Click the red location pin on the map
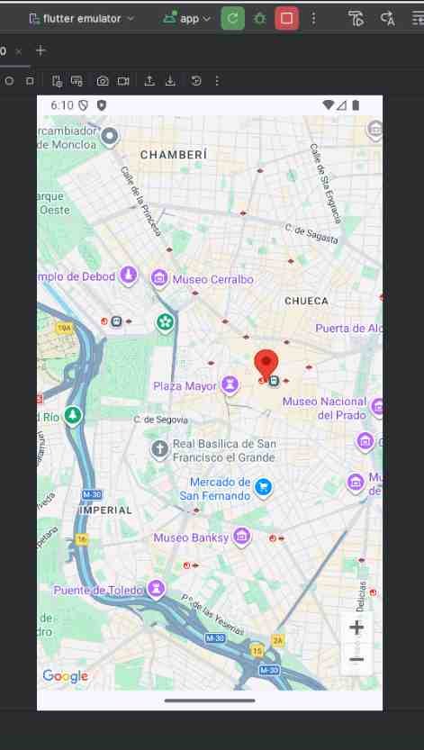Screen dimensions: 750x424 266,364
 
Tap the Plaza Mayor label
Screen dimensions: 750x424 185,386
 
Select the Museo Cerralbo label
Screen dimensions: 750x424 212,279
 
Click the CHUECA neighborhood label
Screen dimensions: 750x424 306,301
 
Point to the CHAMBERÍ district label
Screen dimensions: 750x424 174,155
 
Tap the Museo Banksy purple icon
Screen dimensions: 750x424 241,538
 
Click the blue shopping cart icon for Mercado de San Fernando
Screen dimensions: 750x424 263,488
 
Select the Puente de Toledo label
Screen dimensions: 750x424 97,591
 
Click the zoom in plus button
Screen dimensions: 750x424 356,628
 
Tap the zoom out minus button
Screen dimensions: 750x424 356,660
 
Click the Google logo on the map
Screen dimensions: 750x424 66,676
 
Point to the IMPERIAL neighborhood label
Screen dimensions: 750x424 106,510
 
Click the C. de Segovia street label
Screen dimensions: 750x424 160,420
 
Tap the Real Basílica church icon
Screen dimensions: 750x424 159,449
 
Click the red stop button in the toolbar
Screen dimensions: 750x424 287,18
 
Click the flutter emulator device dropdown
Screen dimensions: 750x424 81,18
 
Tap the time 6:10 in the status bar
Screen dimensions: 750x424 62,105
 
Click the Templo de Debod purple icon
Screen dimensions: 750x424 129,275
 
